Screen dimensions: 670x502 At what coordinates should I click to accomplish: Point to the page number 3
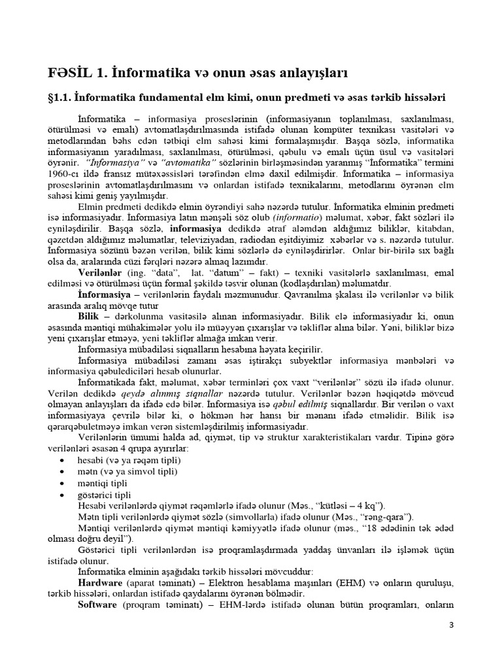coord(450,625)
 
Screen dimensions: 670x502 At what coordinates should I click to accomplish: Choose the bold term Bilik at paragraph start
coord(90,315)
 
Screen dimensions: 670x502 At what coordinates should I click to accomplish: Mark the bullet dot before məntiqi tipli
coord(61,483)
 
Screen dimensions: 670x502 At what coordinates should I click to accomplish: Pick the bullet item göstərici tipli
coord(105,494)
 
